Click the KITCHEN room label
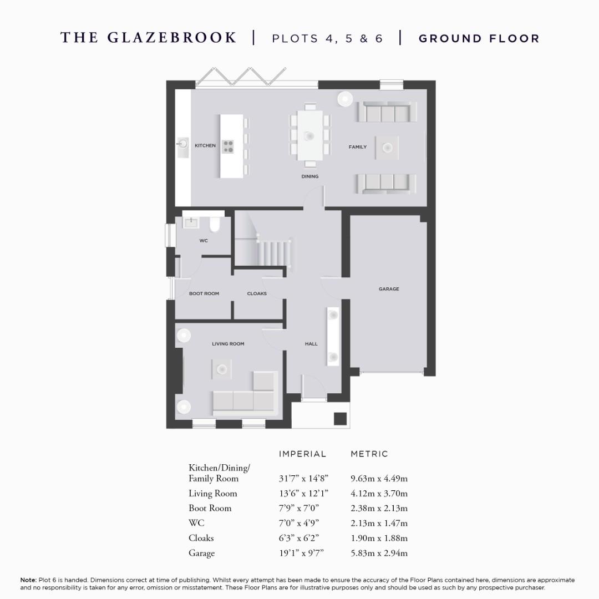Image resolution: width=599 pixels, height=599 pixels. click(x=205, y=145)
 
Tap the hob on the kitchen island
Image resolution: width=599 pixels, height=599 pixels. click(x=229, y=146)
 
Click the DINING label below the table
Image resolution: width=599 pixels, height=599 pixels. click(x=309, y=176)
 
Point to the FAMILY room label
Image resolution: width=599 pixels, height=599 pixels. click(x=357, y=147)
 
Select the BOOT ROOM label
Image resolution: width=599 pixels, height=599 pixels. click(x=204, y=293)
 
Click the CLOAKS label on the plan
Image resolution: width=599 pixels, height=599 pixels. click(x=257, y=293)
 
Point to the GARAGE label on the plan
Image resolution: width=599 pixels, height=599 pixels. click(x=389, y=289)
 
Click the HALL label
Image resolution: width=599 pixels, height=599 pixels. click(x=311, y=344)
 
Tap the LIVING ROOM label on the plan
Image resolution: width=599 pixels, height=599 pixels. click(x=228, y=344)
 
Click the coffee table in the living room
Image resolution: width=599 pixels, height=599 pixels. click(x=222, y=368)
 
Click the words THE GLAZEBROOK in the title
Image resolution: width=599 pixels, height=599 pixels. click(x=149, y=38)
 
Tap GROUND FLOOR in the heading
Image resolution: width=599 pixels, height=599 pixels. click(x=479, y=38)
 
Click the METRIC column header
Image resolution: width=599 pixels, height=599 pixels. click(x=369, y=454)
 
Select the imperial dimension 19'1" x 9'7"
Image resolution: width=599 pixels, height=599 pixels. click(x=302, y=553)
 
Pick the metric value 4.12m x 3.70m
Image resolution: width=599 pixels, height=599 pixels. click(x=379, y=494)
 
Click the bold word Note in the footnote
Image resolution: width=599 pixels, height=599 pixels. click(x=28, y=580)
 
